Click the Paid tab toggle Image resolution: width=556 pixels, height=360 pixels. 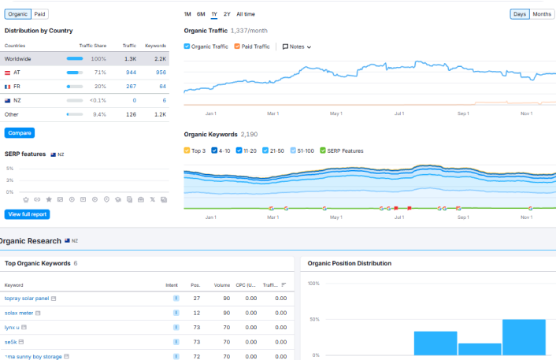tap(39, 14)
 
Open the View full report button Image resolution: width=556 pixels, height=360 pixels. tap(27, 214)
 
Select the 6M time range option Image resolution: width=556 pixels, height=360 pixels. tap(201, 14)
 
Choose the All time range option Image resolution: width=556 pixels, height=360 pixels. tap(246, 14)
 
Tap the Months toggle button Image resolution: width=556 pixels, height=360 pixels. tap(542, 14)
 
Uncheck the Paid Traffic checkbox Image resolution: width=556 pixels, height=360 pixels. tap(237, 46)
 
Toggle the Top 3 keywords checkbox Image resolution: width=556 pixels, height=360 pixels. tap(187, 150)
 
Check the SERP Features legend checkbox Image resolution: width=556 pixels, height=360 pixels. tap(323, 150)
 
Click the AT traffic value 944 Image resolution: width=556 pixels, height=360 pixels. tap(132, 72)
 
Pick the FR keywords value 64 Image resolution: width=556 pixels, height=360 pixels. tap(162, 86)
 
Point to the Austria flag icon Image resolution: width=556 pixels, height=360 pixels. tap(7, 72)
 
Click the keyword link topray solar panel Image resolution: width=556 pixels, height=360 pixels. tap(27, 299)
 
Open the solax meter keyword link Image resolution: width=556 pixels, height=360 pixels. tap(19, 313)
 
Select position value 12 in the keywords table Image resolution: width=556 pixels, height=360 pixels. tap(196, 313)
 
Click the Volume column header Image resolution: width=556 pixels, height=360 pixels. tap(222, 285)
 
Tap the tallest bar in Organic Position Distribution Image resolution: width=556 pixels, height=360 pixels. tap(524, 337)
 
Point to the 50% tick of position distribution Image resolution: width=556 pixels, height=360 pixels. tap(314, 319)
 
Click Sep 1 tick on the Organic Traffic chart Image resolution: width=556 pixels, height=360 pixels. tap(463, 113)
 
